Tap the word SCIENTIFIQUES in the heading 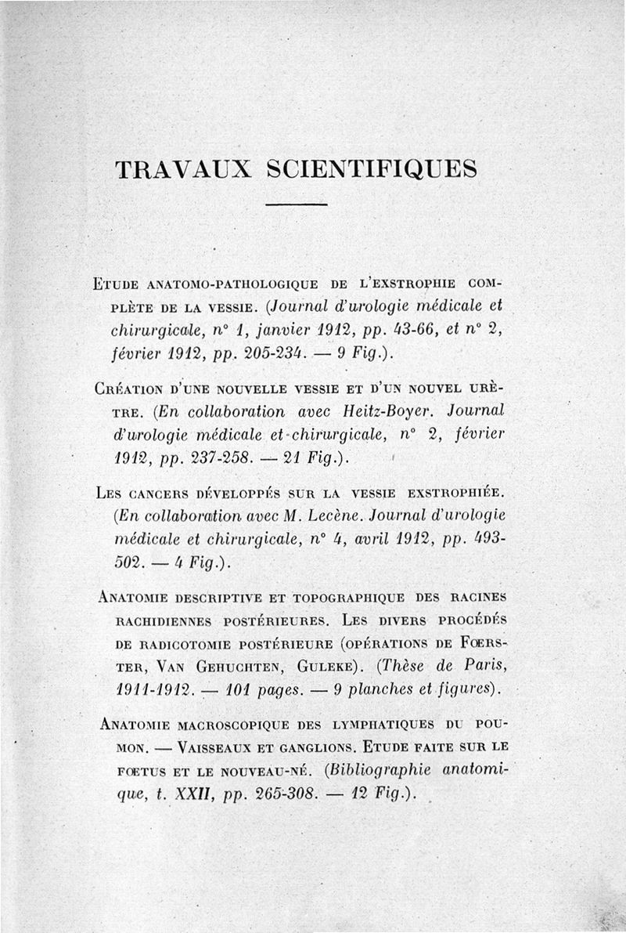click(372, 169)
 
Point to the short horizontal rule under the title click(296, 204)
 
